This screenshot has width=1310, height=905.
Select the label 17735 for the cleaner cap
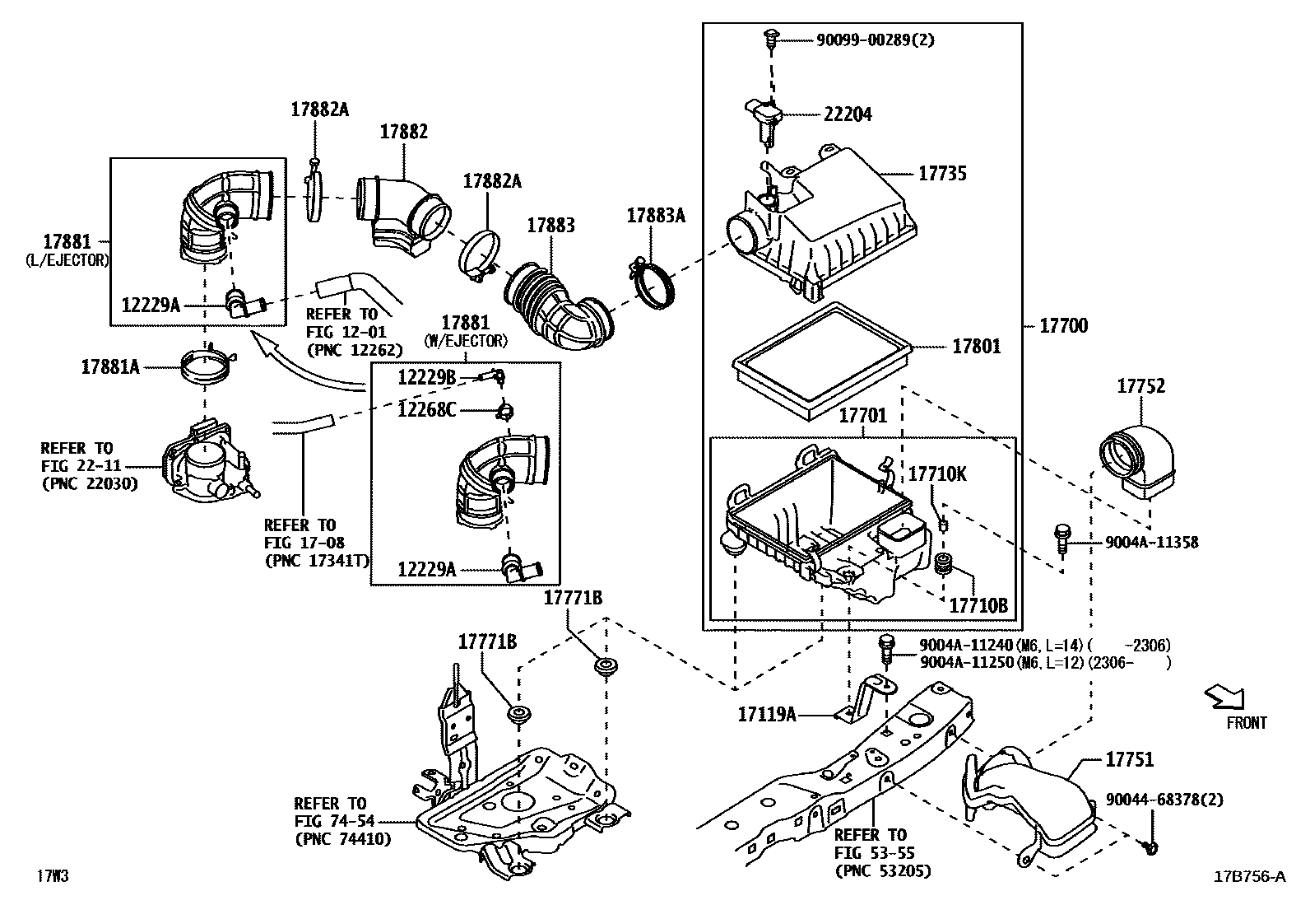942,174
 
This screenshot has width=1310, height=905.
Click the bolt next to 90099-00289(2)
770,36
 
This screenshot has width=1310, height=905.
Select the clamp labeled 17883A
654,280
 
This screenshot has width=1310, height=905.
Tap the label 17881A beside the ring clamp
109,367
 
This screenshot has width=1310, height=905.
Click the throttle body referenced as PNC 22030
206,465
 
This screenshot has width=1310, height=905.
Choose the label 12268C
426,409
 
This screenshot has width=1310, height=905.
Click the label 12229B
426,377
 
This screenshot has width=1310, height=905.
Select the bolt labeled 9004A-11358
1062,537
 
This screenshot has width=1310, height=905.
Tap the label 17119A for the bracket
767,714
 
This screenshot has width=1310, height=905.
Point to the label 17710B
978,605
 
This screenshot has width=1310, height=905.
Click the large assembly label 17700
1063,326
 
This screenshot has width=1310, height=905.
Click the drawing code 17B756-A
1248,877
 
